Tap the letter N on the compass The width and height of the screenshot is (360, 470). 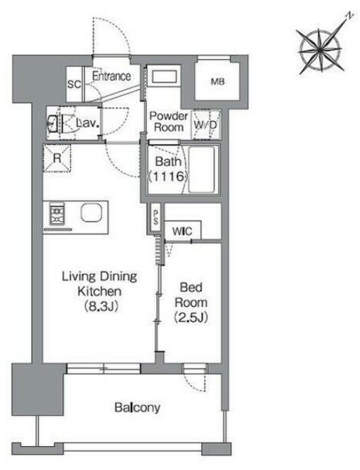tap(349, 15)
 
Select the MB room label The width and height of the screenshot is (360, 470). tap(218, 82)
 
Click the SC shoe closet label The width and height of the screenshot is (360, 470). tap(74, 84)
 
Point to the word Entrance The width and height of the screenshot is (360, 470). tap(111, 76)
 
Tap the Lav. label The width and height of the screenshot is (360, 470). tap(87, 122)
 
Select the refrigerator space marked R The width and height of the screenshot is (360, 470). tap(57, 158)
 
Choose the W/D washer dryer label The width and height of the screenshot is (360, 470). tap(205, 125)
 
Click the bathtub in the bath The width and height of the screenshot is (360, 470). tap(202, 170)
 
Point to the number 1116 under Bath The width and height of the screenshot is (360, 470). tap(168, 176)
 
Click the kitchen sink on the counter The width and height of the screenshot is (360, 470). tap(91, 212)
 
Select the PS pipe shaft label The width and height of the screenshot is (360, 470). tap(156, 217)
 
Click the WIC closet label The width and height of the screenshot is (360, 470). tap(182, 231)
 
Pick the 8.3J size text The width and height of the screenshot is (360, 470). tap(101, 306)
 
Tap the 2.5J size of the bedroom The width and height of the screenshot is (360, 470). tap(191, 317)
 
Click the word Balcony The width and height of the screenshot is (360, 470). tap(138, 407)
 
